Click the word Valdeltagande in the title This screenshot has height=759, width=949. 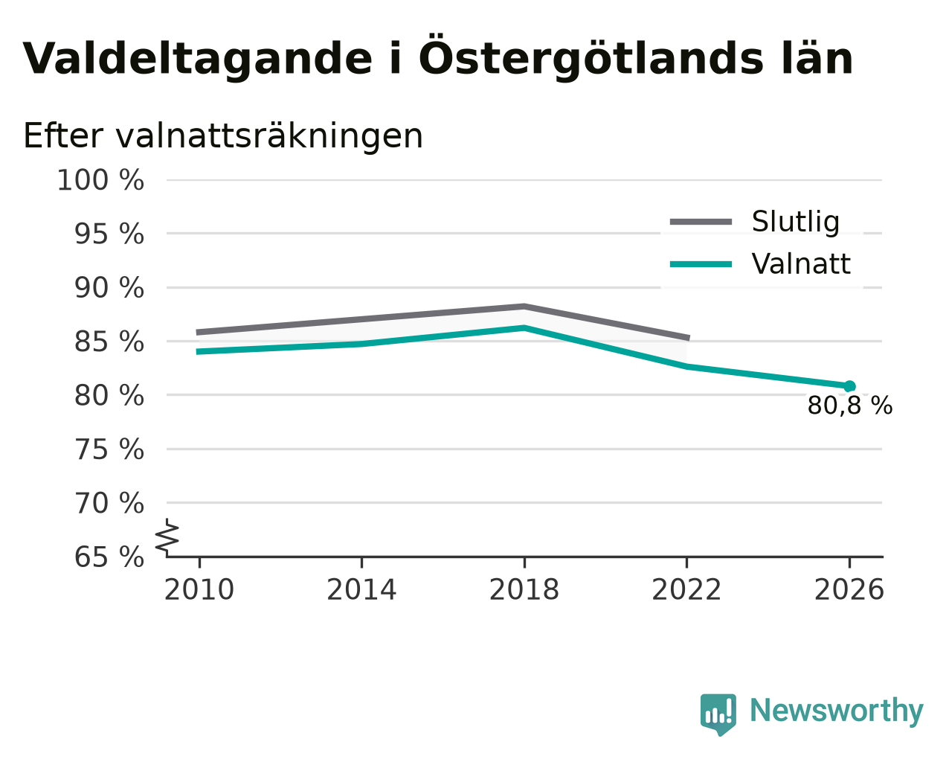[x=197, y=60]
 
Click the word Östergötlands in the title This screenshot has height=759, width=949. [x=591, y=55]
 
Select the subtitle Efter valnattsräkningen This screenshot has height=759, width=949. [x=222, y=136]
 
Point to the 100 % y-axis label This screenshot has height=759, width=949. [x=100, y=181]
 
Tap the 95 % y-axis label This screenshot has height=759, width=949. [x=109, y=234]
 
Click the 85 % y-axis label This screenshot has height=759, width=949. [x=109, y=342]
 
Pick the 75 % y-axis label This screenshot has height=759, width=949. [x=109, y=449]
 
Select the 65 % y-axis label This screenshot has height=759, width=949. [x=109, y=557]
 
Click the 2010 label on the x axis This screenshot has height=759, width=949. [x=199, y=590]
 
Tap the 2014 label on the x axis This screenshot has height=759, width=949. [x=361, y=590]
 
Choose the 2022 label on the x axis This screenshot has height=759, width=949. [x=686, y=590]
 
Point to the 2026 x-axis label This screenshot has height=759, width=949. [x=849, y=590]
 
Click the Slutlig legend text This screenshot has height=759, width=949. [x=796, y=222]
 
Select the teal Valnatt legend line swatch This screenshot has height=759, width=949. [x=701, y=264]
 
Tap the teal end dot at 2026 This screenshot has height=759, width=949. [x=849, y=386]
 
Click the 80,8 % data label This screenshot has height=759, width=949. [x=850, y=406]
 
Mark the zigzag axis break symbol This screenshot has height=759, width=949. [x=167, y=538]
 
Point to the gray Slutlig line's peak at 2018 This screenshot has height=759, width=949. [x=524, y=307]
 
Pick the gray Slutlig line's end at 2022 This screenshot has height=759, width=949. [x=689, y=339]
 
